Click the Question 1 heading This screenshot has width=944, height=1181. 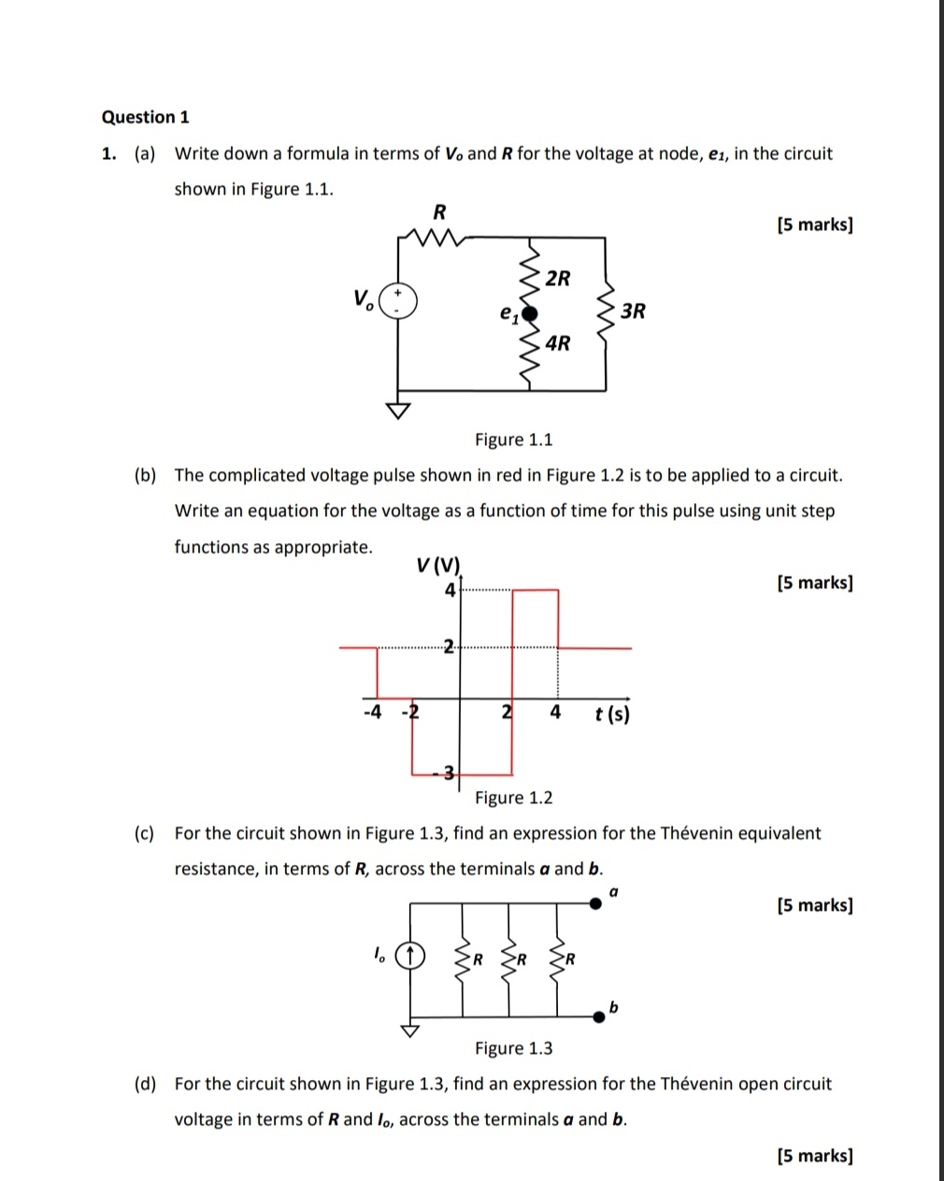pos(145,117)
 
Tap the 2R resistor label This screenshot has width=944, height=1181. pos(557,278)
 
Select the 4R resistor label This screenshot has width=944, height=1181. pos(557,343)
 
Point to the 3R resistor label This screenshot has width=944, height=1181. pos(633,310)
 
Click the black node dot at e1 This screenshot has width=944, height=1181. pos(529,312)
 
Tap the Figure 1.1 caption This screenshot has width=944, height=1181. pos(513,439)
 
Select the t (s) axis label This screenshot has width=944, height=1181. pos(612,714)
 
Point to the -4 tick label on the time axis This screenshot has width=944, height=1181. pos(371,713)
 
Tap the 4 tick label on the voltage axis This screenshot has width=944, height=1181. pos(450,590)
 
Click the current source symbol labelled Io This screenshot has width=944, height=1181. pos(409,956)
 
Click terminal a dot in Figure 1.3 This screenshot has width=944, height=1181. pos(595,903)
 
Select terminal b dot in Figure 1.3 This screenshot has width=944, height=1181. pos(597,1016)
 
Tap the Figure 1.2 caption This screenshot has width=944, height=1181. pos(513,798)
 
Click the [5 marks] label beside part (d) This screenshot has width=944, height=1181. pos(814,1156)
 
